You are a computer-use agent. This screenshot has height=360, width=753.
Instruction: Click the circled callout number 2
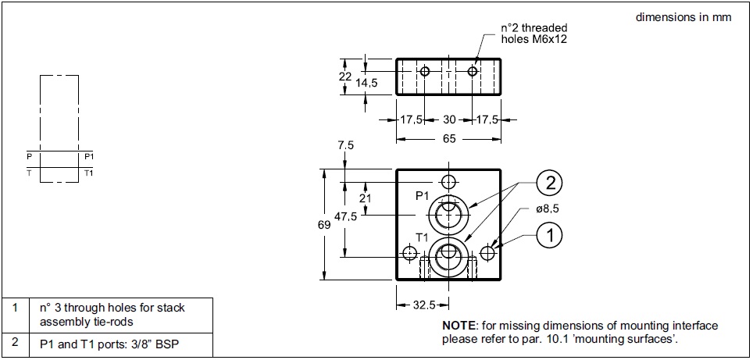(550, 185)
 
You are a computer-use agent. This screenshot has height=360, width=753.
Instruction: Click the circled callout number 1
(550, 233)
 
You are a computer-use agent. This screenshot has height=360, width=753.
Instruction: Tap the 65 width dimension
(448, 140)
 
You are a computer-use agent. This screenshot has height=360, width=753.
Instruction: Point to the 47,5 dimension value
(344, 217)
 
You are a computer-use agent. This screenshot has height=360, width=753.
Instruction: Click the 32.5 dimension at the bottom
(423, 305)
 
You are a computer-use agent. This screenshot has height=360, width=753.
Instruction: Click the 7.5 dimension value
(345, 146)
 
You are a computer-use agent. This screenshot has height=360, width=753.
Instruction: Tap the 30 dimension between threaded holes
(448, 120)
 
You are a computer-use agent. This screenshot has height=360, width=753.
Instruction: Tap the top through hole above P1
(448, 182)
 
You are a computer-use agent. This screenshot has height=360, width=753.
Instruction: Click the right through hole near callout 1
(488, 253)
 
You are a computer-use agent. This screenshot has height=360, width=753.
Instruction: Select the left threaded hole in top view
(425, 72)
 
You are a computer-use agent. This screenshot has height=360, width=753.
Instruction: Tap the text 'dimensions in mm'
(683, 17)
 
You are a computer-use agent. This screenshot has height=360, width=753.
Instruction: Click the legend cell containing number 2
(15, 343)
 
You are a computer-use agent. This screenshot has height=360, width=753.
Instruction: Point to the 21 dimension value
(365, 198)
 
